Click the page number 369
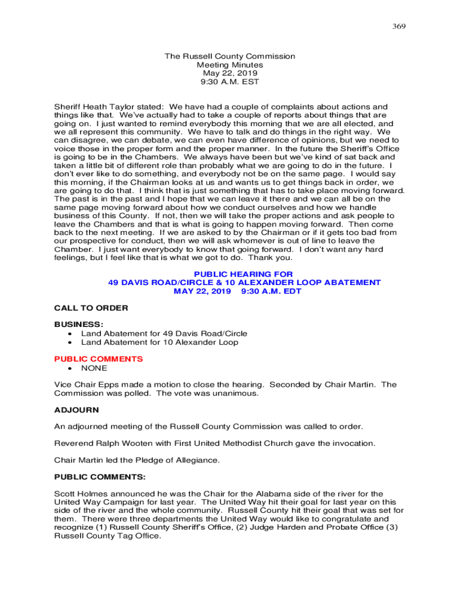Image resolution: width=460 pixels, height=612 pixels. point(399,26)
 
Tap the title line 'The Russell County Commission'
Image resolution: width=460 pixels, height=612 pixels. point(230,56)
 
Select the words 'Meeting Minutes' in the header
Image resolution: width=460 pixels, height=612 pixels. point(230,65)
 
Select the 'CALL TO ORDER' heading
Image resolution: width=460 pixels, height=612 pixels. point(91,308)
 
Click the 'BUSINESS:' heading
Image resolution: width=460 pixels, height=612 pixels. point(75,325)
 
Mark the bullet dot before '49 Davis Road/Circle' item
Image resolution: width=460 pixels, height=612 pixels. point(70,333)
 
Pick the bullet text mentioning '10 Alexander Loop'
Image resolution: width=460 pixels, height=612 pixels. point(160,342)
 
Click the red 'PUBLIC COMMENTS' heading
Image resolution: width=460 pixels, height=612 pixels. point(99,359)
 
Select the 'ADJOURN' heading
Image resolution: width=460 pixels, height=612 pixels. point(76,411)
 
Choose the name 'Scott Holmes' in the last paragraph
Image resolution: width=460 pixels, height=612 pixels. point(79,494)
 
